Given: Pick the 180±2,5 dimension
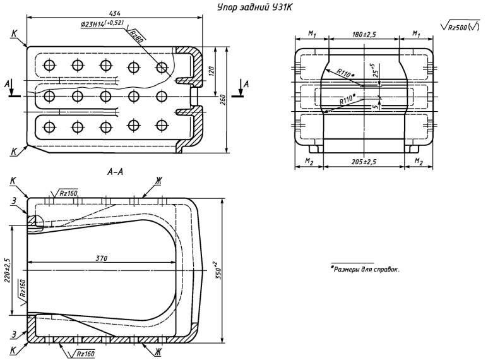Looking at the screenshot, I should coord(364,34).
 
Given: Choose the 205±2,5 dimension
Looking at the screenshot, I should coord(364,162).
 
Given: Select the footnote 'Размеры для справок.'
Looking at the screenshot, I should coord(366,269).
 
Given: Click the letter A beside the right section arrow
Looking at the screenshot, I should coord(246,83).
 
